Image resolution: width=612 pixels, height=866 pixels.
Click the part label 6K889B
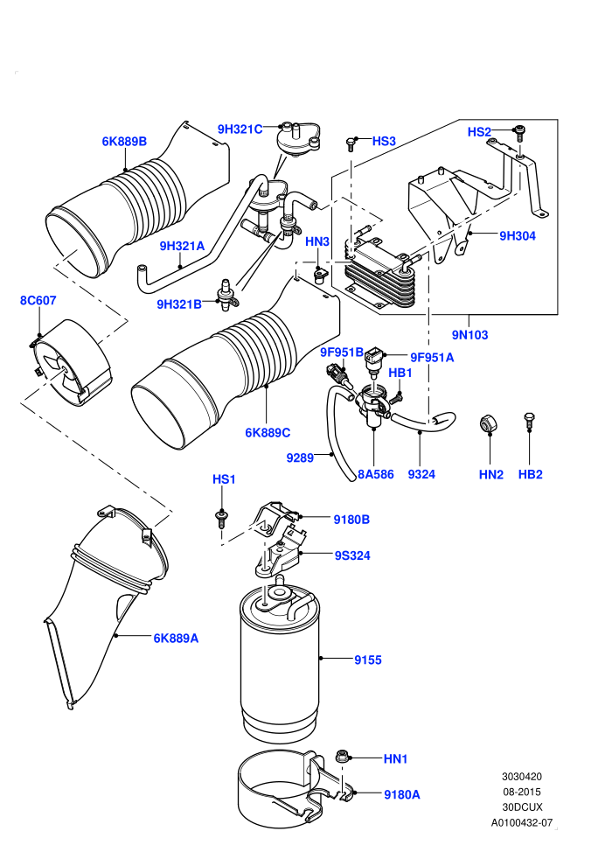(124, 142)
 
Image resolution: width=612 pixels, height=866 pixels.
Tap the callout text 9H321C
(240, 129)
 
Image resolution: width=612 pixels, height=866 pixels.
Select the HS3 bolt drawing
(350, 143)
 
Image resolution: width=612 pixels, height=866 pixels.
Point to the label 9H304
(518, 236)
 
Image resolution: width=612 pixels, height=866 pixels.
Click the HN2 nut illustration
(488, 423)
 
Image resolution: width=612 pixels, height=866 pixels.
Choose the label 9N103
(469, 335)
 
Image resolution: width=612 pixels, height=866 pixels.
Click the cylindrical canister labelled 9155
(280, 663)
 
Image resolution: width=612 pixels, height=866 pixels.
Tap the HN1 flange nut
(342, 756)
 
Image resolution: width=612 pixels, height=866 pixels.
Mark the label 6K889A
(176, 639)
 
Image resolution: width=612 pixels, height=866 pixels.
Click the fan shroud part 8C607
(69, 363)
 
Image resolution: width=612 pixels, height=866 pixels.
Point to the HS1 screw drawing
(221, 519)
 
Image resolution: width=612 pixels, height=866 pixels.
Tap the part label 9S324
(352, 555)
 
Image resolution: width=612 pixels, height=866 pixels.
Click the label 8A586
(376, 474)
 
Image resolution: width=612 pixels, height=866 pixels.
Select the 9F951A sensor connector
(373, 360)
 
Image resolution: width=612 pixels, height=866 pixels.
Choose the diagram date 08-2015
(521, 792)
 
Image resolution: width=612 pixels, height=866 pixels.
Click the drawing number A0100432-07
(521, 823)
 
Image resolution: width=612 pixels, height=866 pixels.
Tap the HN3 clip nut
(319, 275)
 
